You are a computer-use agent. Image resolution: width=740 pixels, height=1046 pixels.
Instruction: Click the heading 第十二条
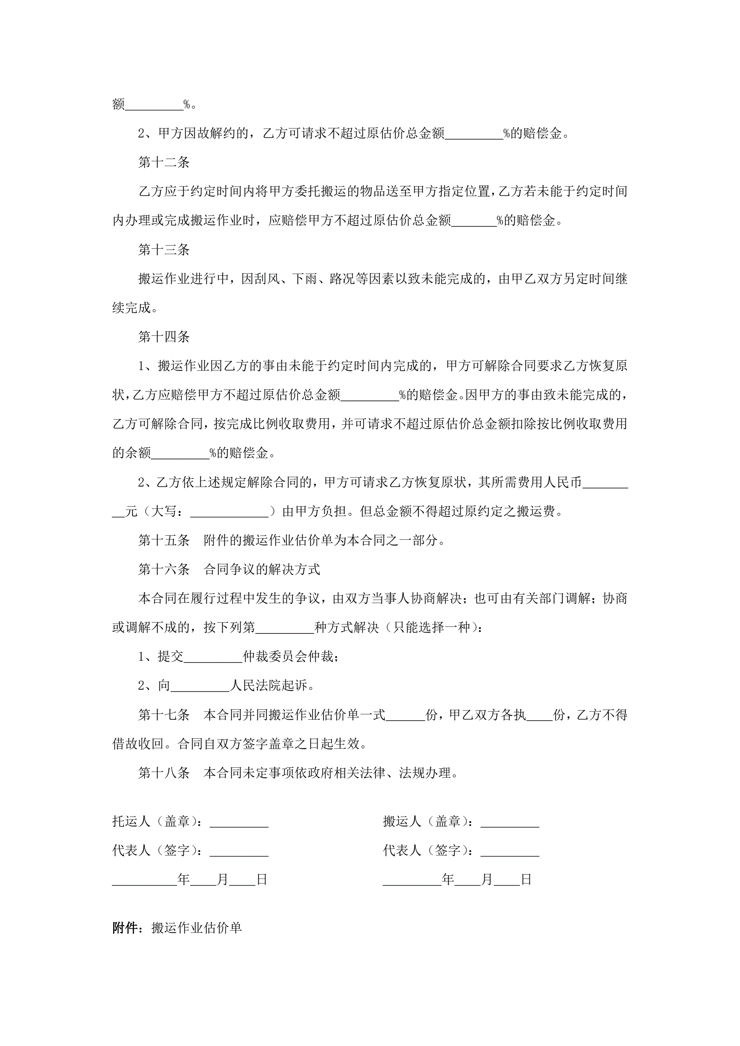tap(164, 162)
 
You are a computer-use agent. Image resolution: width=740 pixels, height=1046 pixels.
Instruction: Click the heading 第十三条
tap(164, 250)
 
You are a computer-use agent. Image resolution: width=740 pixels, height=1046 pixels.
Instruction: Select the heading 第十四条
tap(164, 337)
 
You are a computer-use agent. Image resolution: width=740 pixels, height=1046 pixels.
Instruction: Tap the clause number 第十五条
tap(164, 540)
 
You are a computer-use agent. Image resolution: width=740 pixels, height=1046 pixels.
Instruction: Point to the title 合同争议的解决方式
tap(262, 570)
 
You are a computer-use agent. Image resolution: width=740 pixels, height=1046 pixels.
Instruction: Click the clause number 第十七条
tap(164, 715)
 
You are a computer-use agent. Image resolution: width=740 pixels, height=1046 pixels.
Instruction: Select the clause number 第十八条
tap(164, 773)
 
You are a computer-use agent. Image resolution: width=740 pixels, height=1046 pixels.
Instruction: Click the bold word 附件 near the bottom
tap(125, 928)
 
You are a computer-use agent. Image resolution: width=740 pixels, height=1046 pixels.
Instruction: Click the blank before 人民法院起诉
tap(199, 686)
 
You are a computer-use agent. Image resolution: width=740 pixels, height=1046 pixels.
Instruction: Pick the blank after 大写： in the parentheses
tap(229, 512)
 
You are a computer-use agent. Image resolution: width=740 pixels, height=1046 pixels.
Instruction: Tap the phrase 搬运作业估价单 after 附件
tap(197, 928)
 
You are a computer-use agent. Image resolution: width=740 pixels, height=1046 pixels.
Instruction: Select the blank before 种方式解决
tap(285, 628)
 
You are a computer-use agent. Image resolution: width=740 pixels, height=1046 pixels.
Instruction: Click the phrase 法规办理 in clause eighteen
tap(424, 773)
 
